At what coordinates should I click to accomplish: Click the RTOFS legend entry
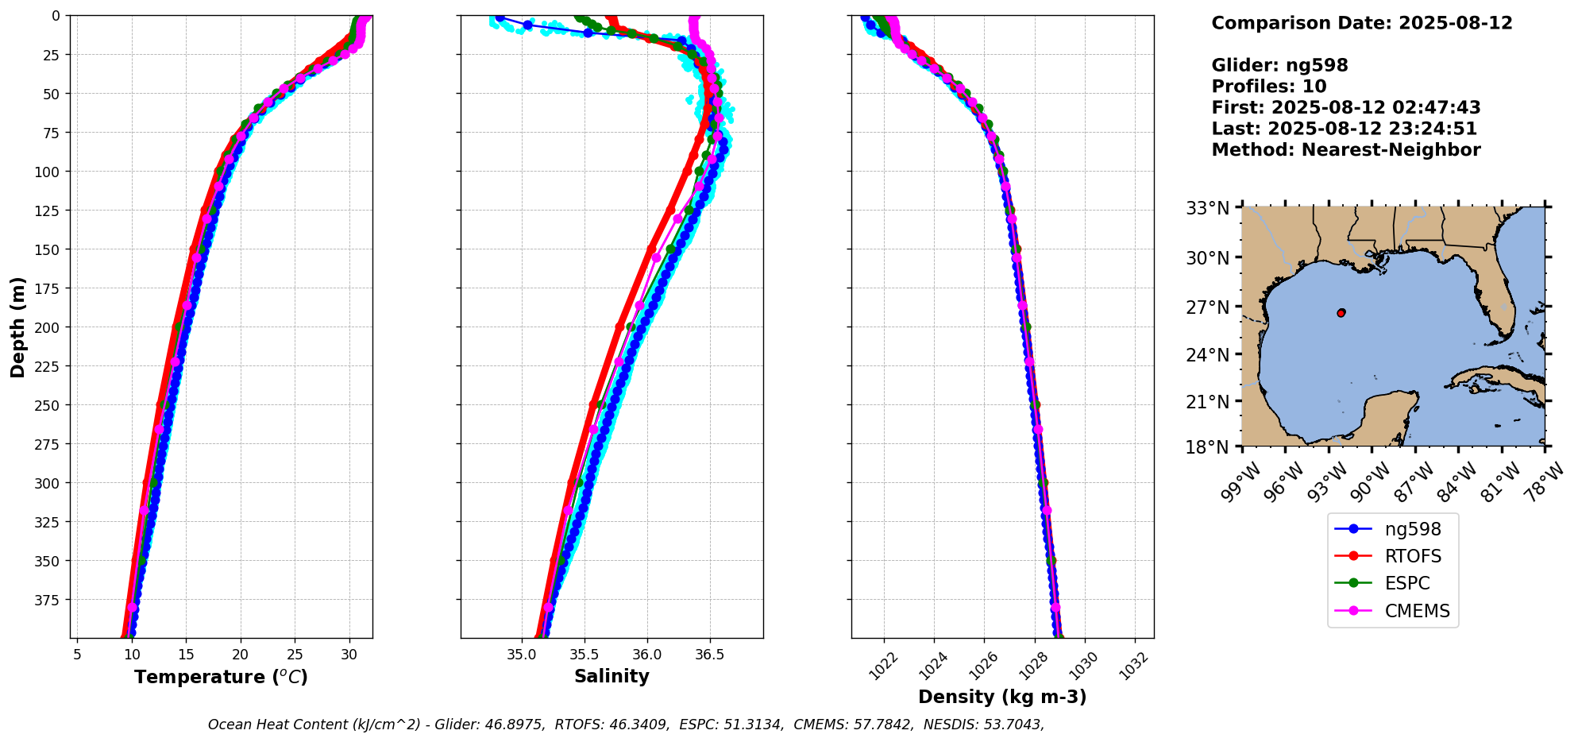[x=1413, y=556]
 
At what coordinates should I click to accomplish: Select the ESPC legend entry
[x=1406, y=583]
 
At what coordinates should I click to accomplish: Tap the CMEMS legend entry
[x=1417, y=611]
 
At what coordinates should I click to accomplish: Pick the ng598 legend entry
[x=1412, y=529]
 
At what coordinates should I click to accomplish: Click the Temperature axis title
[x=221, y=677]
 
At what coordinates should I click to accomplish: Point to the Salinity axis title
[x=612, y=676]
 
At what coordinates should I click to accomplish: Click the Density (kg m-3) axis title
[x=1002, y=697]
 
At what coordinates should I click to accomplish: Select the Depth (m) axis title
[x=18, y=327]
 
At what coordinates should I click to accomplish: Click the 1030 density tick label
[x=1085, y=666]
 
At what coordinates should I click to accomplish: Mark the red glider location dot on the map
[x=1341, y=313]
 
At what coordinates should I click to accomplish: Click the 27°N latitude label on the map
[x=1208, y=307]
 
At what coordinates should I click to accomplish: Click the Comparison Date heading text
[x=1362, y=23]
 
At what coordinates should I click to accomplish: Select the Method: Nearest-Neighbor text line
[x=1346, y=150]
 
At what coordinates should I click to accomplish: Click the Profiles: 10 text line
[x=1269, y=87]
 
